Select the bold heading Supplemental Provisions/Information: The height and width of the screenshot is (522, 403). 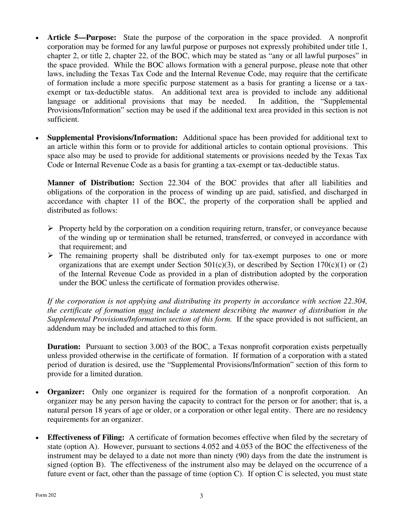[112, 138]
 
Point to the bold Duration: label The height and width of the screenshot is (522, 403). [64, 346]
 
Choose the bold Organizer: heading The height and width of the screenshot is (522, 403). [66, 392]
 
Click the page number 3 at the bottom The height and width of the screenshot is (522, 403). [201, 496]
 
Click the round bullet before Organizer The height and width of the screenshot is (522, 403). [38, 393]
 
